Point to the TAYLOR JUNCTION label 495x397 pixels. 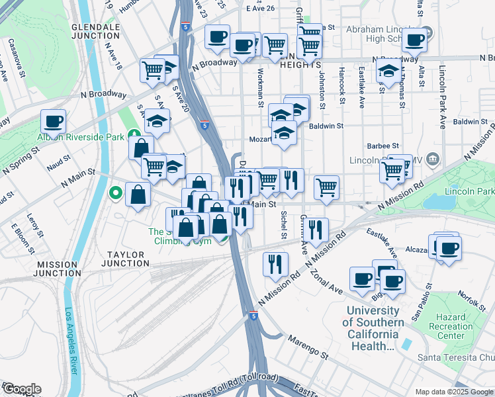(x=126, y=257)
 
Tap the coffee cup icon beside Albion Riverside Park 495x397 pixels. (x=53, y=121)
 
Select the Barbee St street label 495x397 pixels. (x=383, y=146)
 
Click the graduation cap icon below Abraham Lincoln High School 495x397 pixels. (x=388, y=71)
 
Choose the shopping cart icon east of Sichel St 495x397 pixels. (x=326, y=187)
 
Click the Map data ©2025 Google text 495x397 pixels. (x=453, y=391)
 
